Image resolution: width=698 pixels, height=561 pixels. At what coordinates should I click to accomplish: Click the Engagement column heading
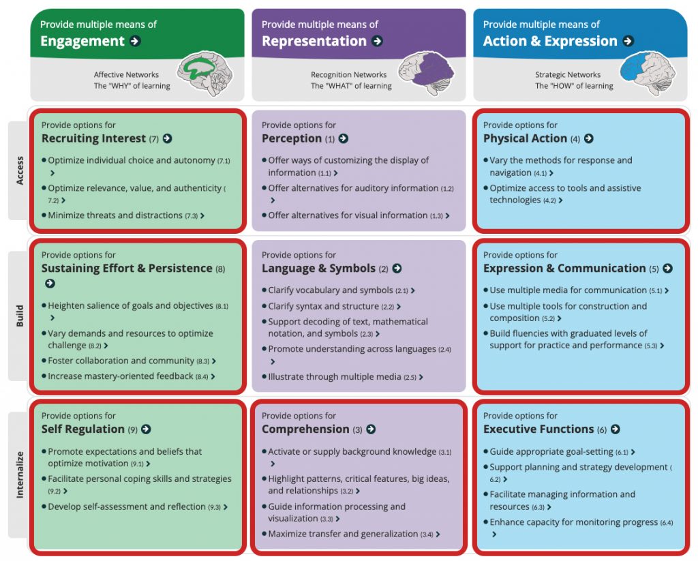pyautogui.click(x=82, y=41)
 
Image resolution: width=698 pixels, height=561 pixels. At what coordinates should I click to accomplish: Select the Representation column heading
pyautogui.click(x=314, y=41)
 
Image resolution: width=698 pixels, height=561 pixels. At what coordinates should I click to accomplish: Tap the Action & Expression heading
pyautogui.click(x=550, y=41)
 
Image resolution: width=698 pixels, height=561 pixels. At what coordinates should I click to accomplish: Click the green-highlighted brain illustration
pyautogui.click(x=205, y=73)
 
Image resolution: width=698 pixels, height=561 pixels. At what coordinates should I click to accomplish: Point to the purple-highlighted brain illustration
pyautogui.click(x=426, y=73)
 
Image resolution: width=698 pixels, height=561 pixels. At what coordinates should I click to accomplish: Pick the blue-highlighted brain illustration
pyautogui.click(x=648, y=73)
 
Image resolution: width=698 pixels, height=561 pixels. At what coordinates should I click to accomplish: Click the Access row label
pyautogui.click(x=20, y=170)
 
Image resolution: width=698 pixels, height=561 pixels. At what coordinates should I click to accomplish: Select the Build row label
pyautogui.click(x=20, y=316)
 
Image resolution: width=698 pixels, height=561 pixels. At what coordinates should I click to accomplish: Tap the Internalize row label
pyautogui.click(x=20, y=474)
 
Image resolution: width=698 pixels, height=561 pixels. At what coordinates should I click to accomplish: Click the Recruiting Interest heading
pyautogui.click(x=93, y=138)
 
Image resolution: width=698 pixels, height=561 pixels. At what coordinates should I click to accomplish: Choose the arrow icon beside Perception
pyautogui.click(x=344, y=138)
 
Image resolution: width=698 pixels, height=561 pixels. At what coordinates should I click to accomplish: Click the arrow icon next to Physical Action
pyautogui.click(x=588, y=138)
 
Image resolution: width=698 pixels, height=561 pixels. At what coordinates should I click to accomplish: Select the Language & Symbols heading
pyautogui.click(x=318, y=269)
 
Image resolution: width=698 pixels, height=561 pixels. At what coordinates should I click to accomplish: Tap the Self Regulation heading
pyautogui.click(x=82, y=429)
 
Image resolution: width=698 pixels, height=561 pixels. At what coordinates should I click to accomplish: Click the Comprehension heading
pyautogui.click(x=305, y=429)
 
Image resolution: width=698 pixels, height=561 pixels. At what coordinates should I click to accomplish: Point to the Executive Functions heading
pyautogui.click(x=538, y=429)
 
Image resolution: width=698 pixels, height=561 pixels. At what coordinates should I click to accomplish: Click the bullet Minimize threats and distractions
pyautogui.click(x=123, y=215)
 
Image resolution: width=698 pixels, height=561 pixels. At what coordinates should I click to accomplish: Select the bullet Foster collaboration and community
pyautogui.click(x=129, y=361)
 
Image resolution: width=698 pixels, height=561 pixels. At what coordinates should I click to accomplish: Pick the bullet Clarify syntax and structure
pyautogui.click(x=331, y=306)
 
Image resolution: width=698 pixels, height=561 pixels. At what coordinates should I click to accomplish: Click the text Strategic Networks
pyautogui.click(x=568, y=75)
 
